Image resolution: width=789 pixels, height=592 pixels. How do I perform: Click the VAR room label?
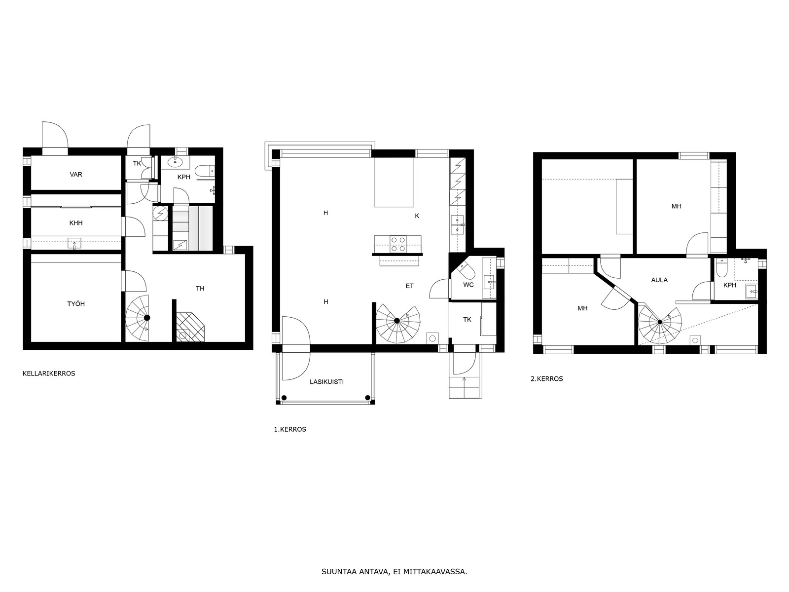pos(76,175)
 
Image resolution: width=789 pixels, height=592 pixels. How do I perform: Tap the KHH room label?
pos(76,223)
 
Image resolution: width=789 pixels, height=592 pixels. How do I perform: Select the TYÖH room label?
pos(76,304)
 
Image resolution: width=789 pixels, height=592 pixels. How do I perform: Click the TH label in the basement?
pos(200,289)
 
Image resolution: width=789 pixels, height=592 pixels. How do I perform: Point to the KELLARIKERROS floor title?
pos(49,373)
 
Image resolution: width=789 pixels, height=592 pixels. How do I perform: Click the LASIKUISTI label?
pos(326,382)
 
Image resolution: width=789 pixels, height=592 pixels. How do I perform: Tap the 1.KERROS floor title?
pos(290,429)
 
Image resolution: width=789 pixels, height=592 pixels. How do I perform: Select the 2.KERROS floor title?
pos(546,379)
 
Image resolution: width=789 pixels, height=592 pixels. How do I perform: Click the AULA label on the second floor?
pos(659,280)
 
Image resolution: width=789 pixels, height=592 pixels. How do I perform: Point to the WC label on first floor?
pos(468,285)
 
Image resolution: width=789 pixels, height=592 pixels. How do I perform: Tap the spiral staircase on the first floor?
pos(397,321)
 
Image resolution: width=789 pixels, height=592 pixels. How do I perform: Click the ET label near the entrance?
pos(409,286)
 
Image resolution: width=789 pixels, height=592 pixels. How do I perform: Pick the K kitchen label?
pos(417,216)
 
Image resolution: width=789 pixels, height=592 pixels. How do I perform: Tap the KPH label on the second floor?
pos(730,285)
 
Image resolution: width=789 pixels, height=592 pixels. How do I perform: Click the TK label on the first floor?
pos(467,319)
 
